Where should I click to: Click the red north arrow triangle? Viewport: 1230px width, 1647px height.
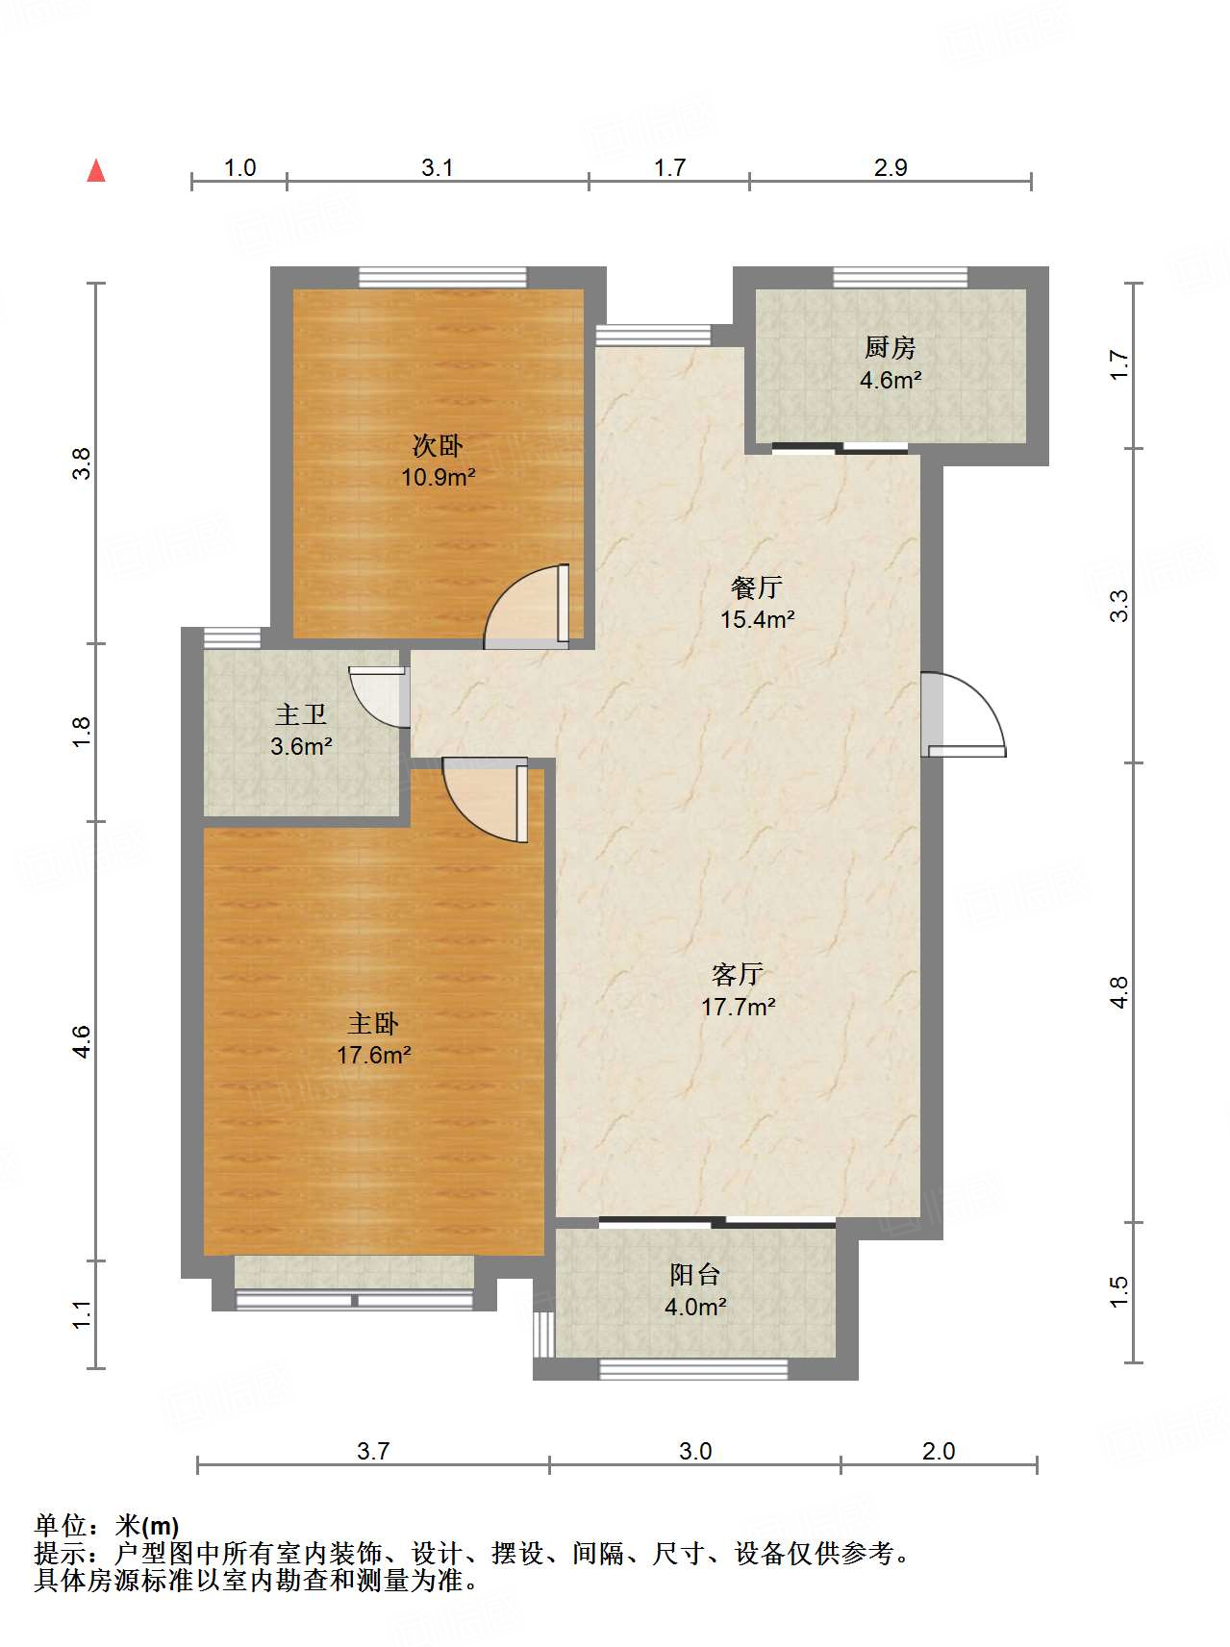96,171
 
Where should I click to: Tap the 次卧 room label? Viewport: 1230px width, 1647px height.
438,445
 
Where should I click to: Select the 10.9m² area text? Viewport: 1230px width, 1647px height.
438,477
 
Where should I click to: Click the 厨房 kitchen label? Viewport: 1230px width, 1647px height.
890,347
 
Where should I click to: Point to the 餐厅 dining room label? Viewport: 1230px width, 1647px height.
757,586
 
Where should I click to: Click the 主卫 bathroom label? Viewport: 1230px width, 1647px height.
301,714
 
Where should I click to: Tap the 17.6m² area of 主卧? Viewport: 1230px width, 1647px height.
373,1055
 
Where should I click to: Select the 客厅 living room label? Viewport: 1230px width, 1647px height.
738,974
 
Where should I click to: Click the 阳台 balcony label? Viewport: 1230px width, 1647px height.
694,1275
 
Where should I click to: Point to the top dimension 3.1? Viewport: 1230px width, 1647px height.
437,168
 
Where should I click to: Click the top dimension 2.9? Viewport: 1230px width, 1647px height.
891,168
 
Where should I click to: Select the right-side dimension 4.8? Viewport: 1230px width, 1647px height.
1118,992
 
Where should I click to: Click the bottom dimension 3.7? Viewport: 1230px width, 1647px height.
373,1451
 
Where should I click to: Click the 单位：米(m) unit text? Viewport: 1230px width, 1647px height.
107,1525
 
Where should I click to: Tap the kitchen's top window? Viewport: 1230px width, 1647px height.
900,278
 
